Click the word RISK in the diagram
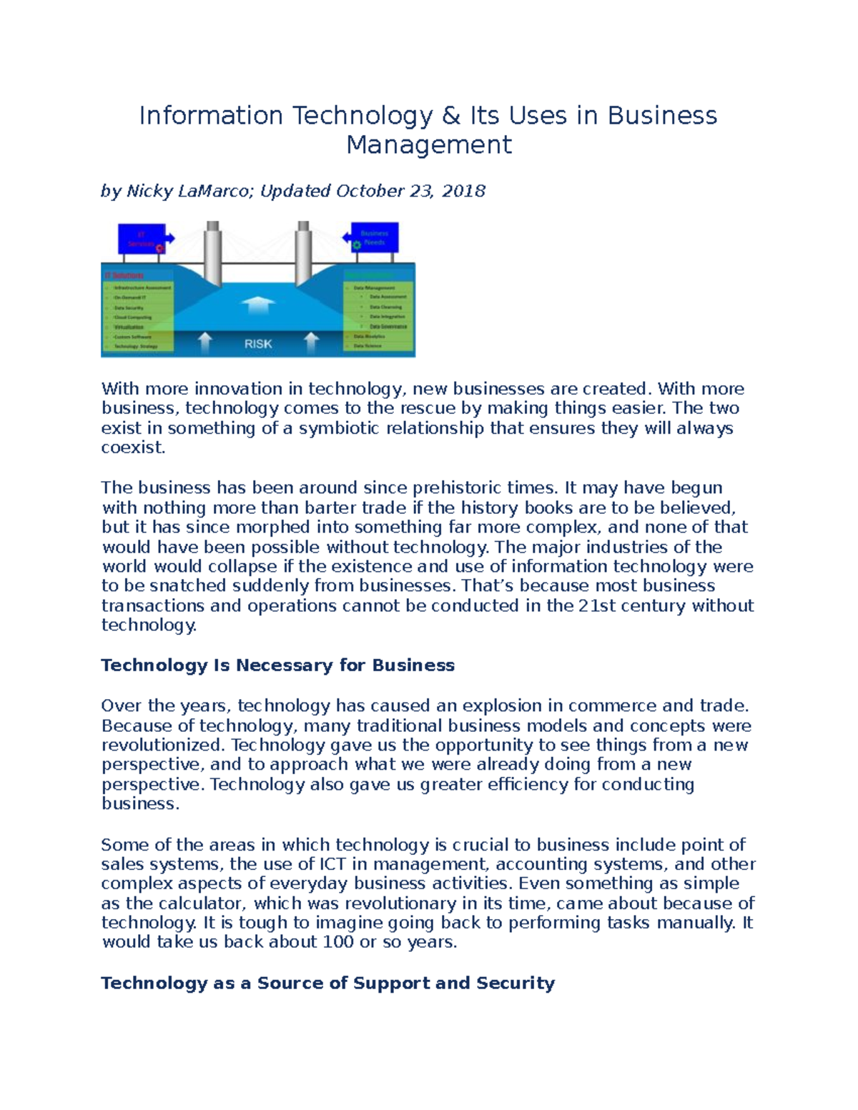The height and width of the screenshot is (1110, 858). click(258, 344)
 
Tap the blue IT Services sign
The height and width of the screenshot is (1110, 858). click(142, 239)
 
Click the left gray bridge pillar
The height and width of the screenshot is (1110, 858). click(213, 253)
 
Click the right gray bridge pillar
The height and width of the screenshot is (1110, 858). click(303, 253)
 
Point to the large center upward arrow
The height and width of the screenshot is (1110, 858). click(258, 305)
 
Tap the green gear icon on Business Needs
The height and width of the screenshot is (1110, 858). click(356, 245)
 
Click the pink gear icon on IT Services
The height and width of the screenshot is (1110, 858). click(159, 248)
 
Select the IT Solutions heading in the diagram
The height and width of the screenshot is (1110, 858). click(124, 275)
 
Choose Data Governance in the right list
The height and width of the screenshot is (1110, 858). click(388, 326)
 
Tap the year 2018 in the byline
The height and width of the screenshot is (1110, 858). click(463, 191)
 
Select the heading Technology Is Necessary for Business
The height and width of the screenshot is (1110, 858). click(277, 665)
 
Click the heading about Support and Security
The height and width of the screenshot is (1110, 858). click(327, 983)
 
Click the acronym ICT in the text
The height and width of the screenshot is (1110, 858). click(332, 864)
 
